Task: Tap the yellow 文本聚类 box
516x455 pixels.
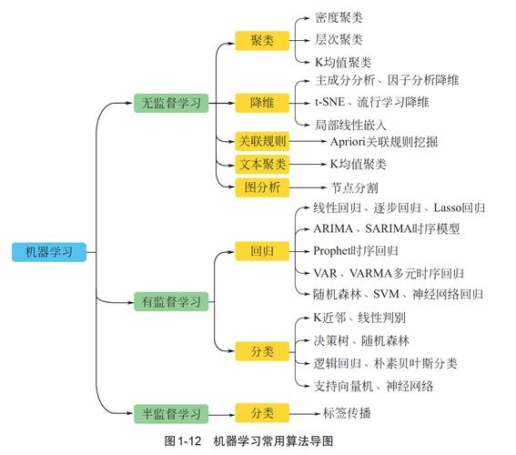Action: click(x=262, y=164)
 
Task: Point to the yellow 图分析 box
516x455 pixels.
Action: click(x=262, y=187)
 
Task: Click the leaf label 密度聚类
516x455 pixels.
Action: click(x=339, y=17)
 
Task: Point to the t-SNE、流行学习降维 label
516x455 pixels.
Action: click(x=372, y=102)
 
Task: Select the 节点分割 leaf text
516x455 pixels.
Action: click(x=354, y=187)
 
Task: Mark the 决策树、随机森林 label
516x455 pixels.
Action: click(x=361, y=340)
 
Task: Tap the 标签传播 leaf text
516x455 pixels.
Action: click(x=347, y=413)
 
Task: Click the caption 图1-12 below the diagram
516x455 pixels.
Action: click(x=182, y=441)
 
